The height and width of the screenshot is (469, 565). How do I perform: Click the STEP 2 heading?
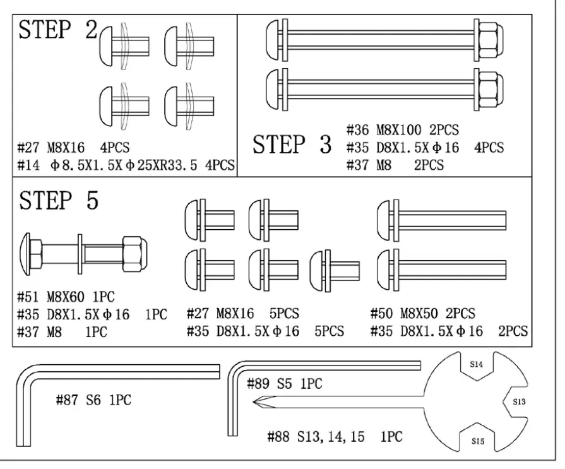point(58,30)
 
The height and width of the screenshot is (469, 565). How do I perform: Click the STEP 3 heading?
point(292,145)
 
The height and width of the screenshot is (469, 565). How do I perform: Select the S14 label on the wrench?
point(477,364)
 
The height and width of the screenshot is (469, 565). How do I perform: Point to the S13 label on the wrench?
point(518,401)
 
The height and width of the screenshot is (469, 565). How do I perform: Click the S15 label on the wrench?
point(478,441)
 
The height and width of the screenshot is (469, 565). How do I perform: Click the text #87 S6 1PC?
point(94,400)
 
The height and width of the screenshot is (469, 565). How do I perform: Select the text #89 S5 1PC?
point(284,383)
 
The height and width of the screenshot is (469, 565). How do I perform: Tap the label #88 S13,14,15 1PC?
point(335,436)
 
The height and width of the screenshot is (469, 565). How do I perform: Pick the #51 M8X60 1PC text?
point(66,297)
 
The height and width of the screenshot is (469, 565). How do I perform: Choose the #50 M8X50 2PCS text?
point(422,313)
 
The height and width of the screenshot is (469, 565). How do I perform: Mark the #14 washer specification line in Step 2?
point(126,165)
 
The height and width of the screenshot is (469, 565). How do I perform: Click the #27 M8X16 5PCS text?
point(243,313)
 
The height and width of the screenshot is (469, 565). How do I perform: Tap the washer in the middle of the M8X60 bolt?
point(81,252)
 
